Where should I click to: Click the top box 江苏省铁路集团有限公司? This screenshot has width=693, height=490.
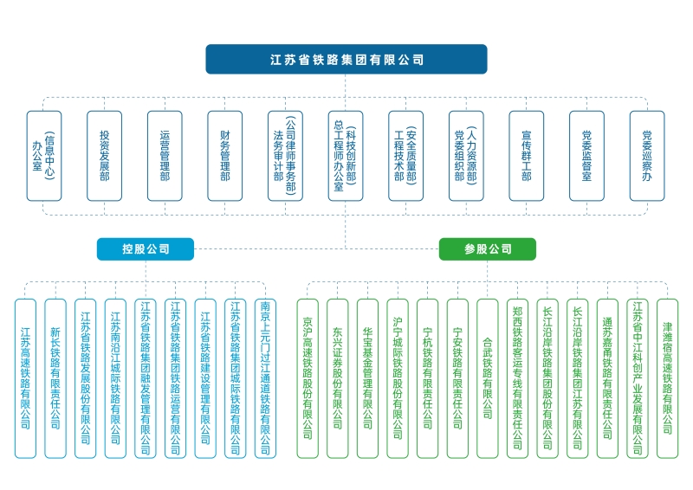point(346,60)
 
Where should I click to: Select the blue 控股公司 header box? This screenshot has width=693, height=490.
point(146,249)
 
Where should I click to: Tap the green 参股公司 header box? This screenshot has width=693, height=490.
point(488,249)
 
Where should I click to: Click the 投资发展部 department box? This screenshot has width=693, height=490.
point(105,156)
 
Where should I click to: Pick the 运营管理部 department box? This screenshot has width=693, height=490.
point(165,156)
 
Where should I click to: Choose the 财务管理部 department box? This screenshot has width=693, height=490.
point(225,156)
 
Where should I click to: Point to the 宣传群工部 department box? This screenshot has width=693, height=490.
point(527,156)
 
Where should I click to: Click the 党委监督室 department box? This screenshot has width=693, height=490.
point(586,156)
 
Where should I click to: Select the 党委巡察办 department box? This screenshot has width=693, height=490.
point(646,156)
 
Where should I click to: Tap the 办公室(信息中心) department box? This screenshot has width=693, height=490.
point(44,156)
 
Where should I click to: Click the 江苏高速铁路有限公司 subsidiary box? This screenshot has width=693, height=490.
point(25,378)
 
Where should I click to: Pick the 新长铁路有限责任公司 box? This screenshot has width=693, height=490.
point(55,378)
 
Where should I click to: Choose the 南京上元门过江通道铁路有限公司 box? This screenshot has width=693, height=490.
point(265,378)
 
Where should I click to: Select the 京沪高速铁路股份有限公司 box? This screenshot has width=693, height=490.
point(308,378)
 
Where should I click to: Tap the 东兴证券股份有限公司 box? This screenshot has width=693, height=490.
point(338,378)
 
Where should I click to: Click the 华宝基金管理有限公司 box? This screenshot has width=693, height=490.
point(367,378)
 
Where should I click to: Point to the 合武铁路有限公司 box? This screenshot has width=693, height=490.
point(488,378)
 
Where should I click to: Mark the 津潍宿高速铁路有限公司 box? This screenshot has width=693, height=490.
point(668,378)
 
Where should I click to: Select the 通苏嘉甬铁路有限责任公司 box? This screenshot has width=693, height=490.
point(607,378)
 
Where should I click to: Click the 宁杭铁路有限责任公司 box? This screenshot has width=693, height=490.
point(427,378)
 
